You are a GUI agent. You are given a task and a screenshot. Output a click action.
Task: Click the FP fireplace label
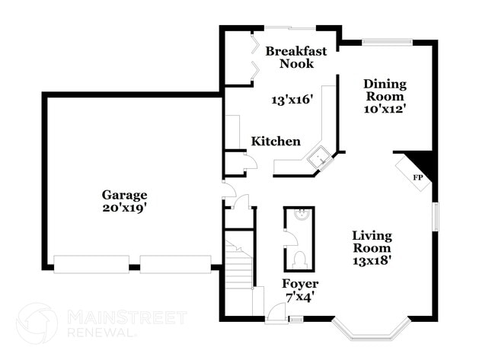417,177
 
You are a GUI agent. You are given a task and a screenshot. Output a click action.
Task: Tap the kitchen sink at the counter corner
321,160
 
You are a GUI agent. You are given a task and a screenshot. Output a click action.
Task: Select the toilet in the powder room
300,258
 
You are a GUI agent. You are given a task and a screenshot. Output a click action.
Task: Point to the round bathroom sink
299,215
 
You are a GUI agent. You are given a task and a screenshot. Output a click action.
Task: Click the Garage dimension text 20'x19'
124,207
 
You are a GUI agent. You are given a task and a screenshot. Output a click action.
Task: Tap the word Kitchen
276,142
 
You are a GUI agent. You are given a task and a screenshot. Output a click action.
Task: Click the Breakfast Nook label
296,58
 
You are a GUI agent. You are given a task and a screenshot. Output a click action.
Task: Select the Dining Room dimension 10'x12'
385,108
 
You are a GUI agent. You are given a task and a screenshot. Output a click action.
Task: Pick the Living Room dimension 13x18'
372,260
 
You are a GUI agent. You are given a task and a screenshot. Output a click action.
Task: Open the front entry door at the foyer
276,312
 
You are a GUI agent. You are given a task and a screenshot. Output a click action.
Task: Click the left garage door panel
91,263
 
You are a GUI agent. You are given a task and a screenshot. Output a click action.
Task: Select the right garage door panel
175,263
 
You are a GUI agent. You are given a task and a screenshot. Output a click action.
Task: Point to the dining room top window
388,42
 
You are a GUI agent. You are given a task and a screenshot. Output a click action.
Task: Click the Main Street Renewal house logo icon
37,323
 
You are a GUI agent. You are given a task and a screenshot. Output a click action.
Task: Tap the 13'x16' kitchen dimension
292,100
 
